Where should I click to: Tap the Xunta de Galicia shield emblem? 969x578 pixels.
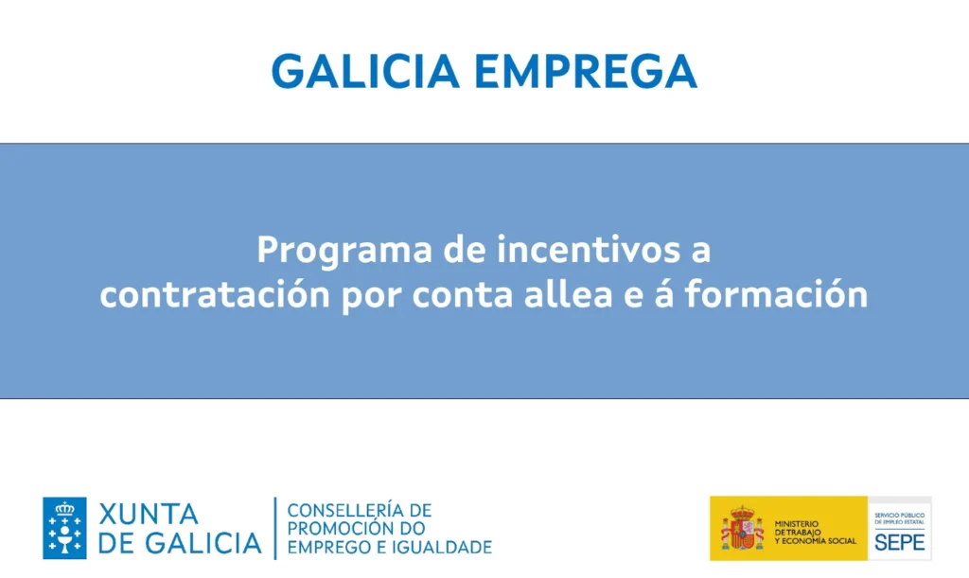click(64, 528)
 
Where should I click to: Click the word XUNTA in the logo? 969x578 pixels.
click(149, 515)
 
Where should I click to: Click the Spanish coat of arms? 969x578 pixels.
click(742, 528)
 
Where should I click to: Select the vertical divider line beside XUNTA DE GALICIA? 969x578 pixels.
click(275, 528)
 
